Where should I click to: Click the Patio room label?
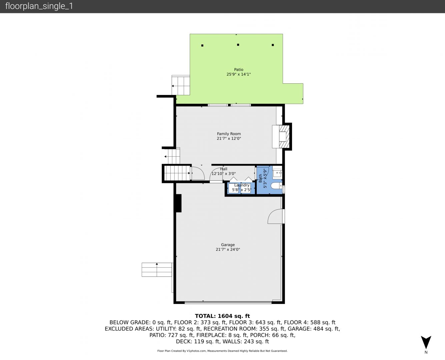point(239,70)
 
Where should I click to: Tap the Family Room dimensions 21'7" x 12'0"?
point(229,138)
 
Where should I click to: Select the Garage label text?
point(228,245)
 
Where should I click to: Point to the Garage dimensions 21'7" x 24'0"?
point(228,249)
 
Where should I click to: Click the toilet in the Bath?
point(277,186)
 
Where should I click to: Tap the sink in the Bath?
point(277,173)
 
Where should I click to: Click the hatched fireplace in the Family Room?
point(284,136)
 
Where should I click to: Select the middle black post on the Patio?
point(238,45)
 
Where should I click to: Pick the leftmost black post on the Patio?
point(202,45)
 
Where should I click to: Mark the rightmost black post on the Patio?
point(273,45)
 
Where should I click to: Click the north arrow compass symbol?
point(426,342)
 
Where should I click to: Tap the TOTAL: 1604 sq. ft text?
point(222,316)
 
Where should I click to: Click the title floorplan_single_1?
point(39,6)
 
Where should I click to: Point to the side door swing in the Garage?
point(275,216)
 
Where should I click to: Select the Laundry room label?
point(242,185)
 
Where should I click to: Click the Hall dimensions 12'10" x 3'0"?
point(224,173)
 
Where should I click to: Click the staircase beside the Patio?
point(181,85)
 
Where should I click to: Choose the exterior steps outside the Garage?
point(157,270)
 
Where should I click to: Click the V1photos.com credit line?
point(222,351)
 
